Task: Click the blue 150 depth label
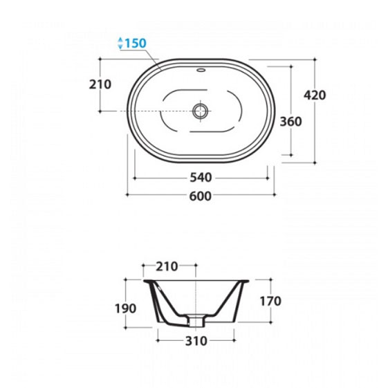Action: pyautogui.click(x=135, y=44)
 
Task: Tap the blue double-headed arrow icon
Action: pyautogui.click(x=120, y=43)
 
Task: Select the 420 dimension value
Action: pyautogui.click(x=315, y=95)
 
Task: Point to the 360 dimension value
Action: pyautogui.click(x=290, y=122)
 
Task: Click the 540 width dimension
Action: pyautogui.click(x=201, y=178)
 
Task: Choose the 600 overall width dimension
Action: pyautogui.click(x=201, y=196)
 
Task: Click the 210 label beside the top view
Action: pyautogui.click(x=100, y=84)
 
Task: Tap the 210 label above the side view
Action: pyautogui.click(x=167, y=266)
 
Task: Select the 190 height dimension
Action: pyautogui.click(x=125, y=308)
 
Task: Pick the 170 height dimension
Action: pyautogui.click(x=270, y=301)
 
